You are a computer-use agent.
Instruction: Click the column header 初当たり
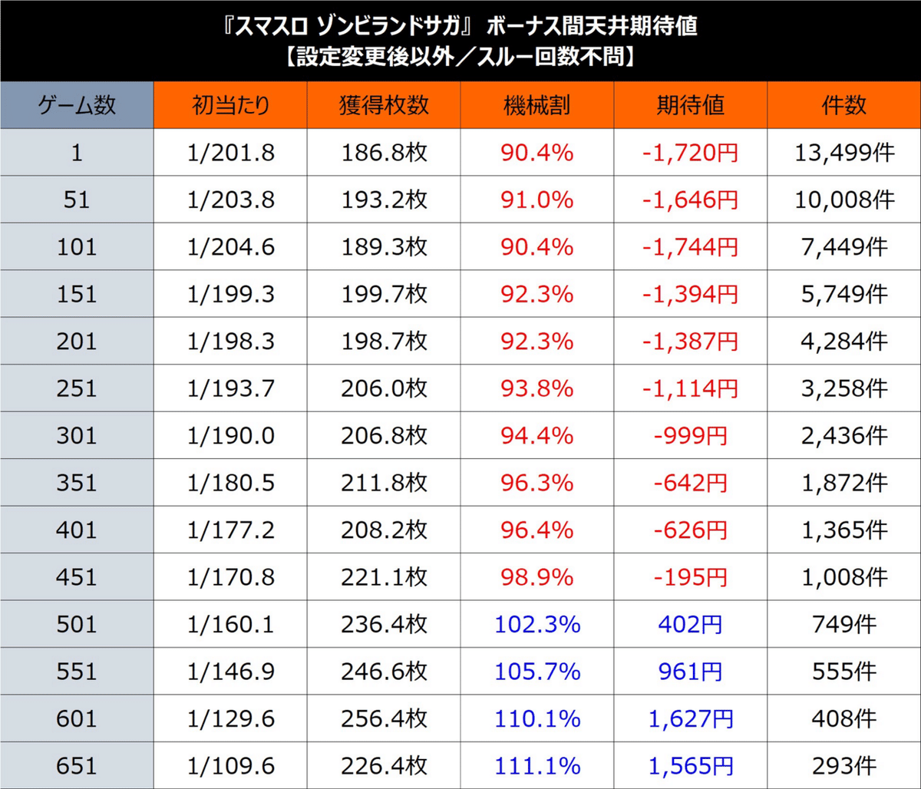[x=230, y=105]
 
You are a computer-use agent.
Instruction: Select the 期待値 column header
[x=691, y=105]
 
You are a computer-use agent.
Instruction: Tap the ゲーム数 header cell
[x=77, y=105]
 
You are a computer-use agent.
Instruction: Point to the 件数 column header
[x=843, y=105]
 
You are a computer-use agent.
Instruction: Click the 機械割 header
[x=537, y=105]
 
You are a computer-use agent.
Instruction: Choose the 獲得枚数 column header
[x=384, y=105]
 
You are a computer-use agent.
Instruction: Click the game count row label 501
[x=77, y=625]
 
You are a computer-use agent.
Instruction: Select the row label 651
[x=77, y=766]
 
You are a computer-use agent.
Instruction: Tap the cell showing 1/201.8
[x=230, y=154]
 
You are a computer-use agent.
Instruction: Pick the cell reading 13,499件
[x=843, y=154]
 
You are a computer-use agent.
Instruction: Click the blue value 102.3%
[x=537, y=625]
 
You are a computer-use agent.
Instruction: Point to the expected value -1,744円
[x=690, y=247]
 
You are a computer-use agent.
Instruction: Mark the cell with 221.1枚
[x=384, y=577]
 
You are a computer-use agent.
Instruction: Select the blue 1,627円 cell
[x=690, y=719]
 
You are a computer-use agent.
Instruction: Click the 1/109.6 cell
[x=230, y=766]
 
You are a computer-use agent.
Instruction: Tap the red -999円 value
[x=690, y=436]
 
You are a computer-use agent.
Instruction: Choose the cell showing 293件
[x=843, y=766]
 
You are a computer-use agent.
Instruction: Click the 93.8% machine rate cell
[x=537, y=388]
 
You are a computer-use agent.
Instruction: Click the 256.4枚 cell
[x=384, y=719]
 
